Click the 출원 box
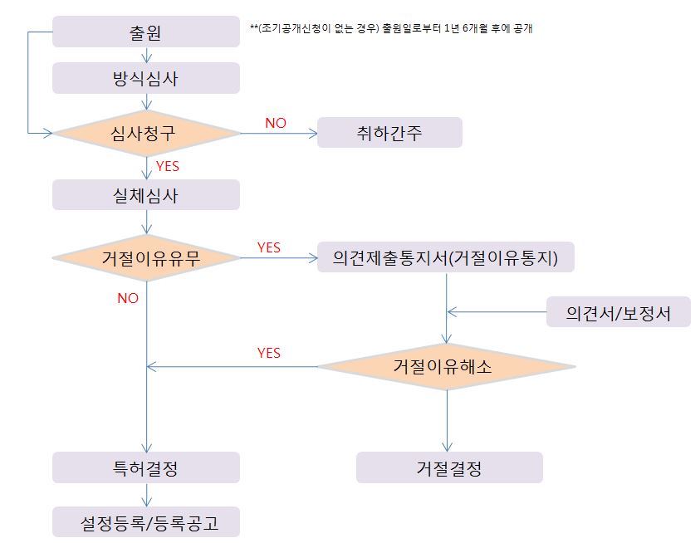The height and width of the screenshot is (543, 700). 146,33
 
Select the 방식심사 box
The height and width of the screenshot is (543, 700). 146,79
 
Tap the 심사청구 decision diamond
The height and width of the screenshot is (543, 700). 146,133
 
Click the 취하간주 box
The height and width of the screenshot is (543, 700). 389,133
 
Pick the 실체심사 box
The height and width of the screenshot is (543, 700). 146,196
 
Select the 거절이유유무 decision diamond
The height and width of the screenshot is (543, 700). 146,258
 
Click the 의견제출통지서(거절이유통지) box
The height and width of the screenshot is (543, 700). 446,258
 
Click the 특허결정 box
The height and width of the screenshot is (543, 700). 146,467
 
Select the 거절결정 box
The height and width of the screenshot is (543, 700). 449,467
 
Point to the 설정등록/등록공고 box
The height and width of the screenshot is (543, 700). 146,523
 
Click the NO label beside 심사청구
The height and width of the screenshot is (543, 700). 275,123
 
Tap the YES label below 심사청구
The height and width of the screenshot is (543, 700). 168,166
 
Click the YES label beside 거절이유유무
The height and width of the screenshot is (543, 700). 269,247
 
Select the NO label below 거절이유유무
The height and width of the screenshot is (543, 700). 128,298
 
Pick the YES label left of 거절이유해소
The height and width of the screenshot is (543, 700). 269,353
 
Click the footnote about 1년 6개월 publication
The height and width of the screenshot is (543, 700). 390,28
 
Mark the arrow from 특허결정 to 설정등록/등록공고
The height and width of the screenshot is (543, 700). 147,495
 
